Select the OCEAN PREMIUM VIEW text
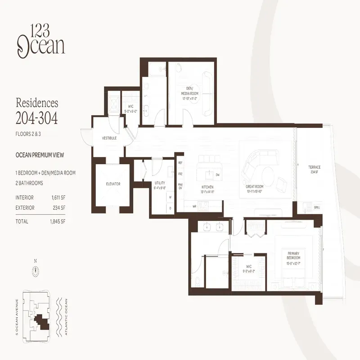tap(40, 155)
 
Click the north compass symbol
tap(35, 270)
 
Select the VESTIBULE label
tap(109, 138)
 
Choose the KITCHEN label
tap(207, 187)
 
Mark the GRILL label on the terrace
tap(317, 207)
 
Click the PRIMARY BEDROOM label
tap(293, 255)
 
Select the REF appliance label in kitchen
tap(180, 162)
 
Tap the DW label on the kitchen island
tap(217, 174)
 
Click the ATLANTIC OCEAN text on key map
tap(66, 318)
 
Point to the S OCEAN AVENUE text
tap(17, 318)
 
